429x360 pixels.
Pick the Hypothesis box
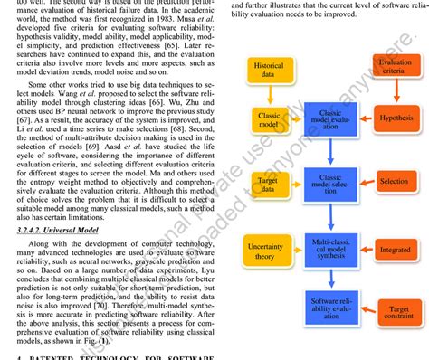[396, 118]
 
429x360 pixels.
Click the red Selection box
[395, 182]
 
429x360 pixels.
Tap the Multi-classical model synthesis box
[330, 249]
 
